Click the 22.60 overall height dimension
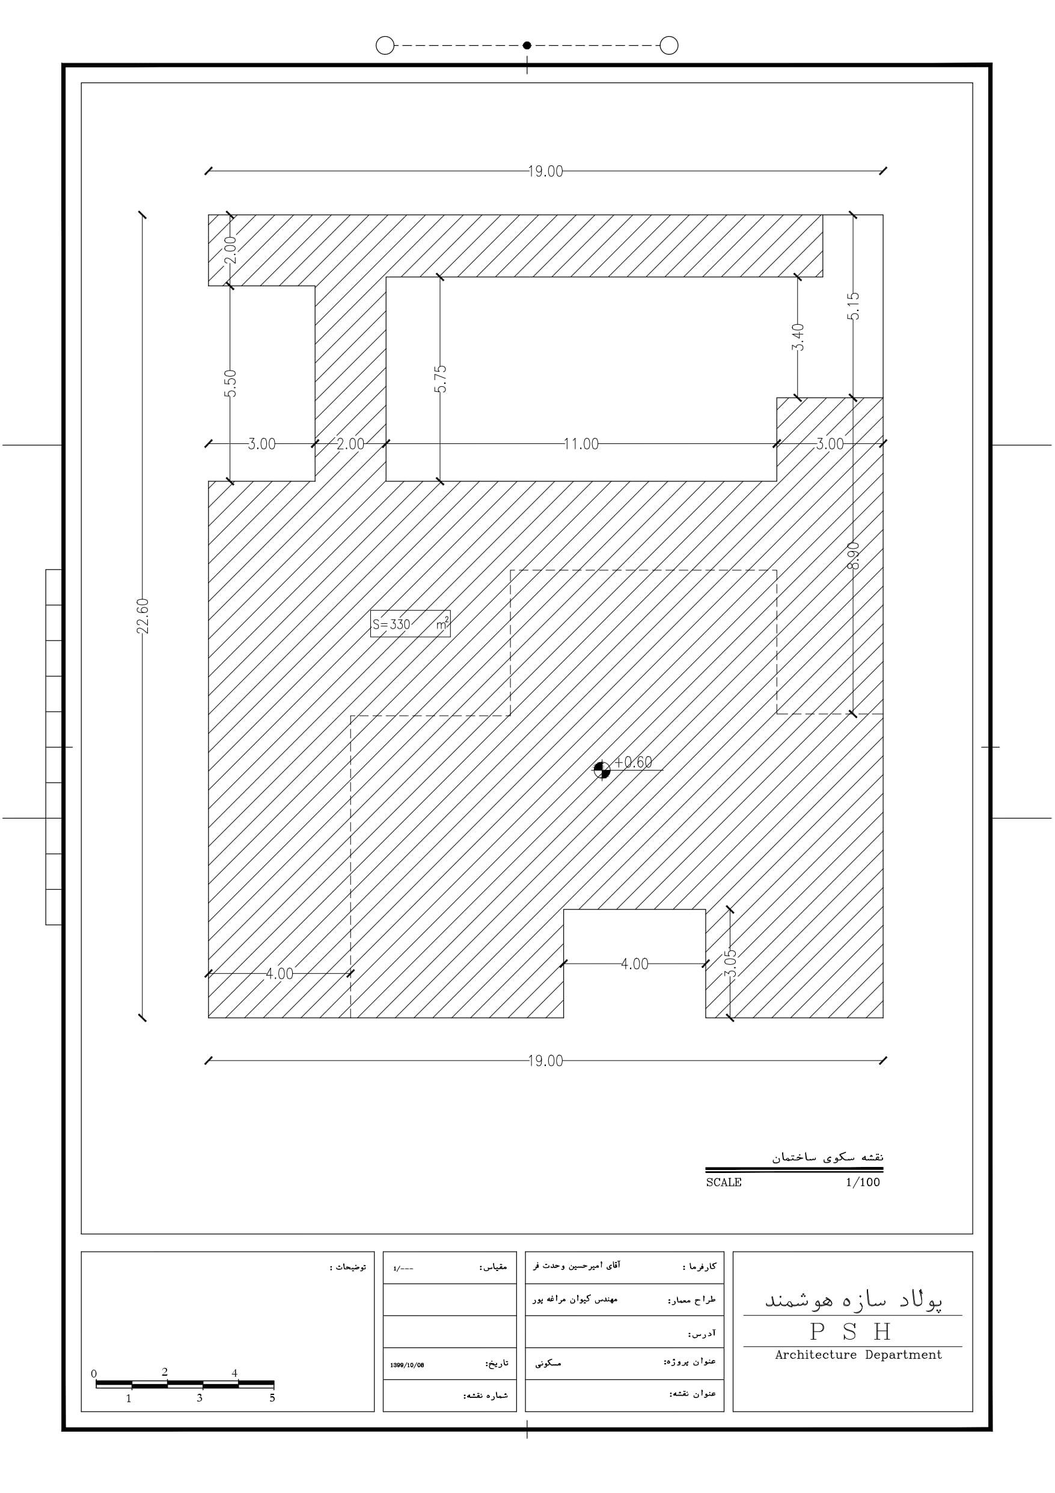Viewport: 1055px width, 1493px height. click(x=144, y=616)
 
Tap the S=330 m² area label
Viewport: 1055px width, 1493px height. click(x=410, y=624)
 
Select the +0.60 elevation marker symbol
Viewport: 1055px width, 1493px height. click(x=602, y=770)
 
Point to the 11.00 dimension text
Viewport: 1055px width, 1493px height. click(x=581, y=444)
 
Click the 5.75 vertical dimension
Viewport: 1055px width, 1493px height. click(x=440, y=378)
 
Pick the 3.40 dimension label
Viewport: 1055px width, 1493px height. click(x=798, y=337)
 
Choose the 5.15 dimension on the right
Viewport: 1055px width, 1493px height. click(x=854, y=306)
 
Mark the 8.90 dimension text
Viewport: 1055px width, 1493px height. click(x=854, y=556)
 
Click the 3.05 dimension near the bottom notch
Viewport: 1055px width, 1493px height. click(x=730, y=963)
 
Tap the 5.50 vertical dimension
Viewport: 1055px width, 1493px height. click(x=230, y=383)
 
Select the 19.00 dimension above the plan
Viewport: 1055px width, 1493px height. click(x=545, y=171)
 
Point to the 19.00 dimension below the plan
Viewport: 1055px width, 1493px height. click(x=545, y=1060)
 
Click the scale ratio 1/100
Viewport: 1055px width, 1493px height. click(x=863, y=1182)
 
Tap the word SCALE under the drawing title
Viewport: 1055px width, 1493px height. click(x=724, y=1182)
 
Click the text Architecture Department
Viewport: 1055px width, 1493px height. click(x=858, y=1355)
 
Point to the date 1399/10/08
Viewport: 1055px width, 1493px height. click(x=407, y=1365)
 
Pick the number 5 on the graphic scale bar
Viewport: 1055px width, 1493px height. click(x=272, y=1397)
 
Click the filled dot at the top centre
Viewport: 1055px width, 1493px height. click(x=527, y=46)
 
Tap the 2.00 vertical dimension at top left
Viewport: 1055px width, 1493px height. click(x=230, y=250)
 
